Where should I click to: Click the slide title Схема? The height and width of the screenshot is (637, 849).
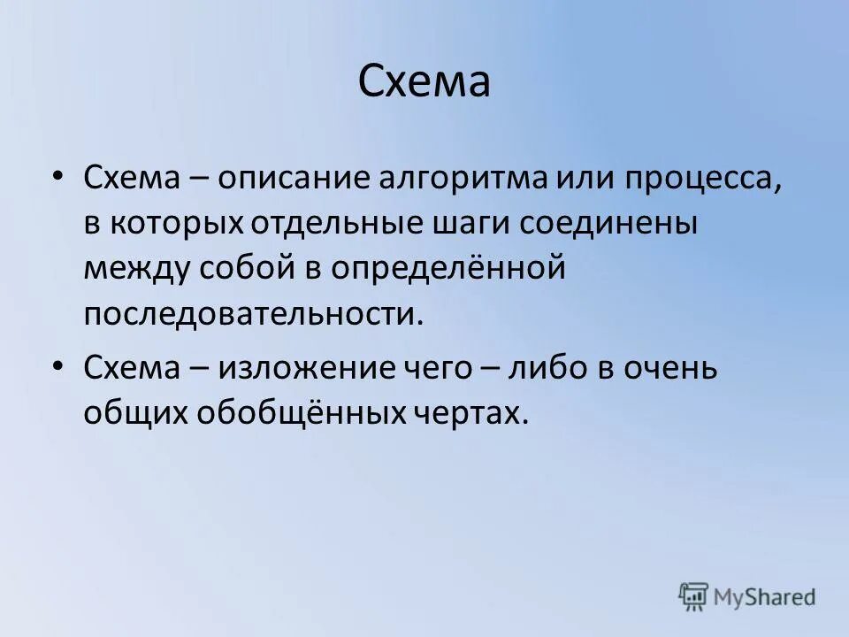click(x=424, y=83)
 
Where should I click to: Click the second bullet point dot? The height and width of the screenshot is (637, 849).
click(x=57, y=365)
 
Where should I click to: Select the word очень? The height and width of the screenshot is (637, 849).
click(x=673, y=368)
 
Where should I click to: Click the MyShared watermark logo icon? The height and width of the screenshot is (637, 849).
click(x=693, y=596)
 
